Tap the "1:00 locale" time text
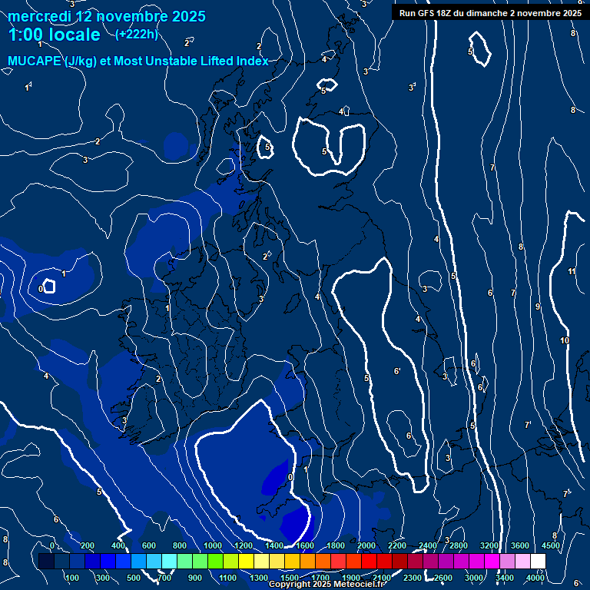point(55,35)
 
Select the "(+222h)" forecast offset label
point(136,34)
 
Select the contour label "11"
point(572,271)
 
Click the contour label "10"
point(565,340)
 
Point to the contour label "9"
point(538,307)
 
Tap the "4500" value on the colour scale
point(550,545)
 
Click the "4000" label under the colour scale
point(535,577)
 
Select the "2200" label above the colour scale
point(397,545)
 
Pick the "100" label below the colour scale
point(72,577)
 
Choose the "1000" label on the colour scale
point(212,545)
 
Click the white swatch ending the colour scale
point(538,562)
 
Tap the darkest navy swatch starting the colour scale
point(46,562)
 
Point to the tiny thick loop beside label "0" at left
point(49,286)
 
